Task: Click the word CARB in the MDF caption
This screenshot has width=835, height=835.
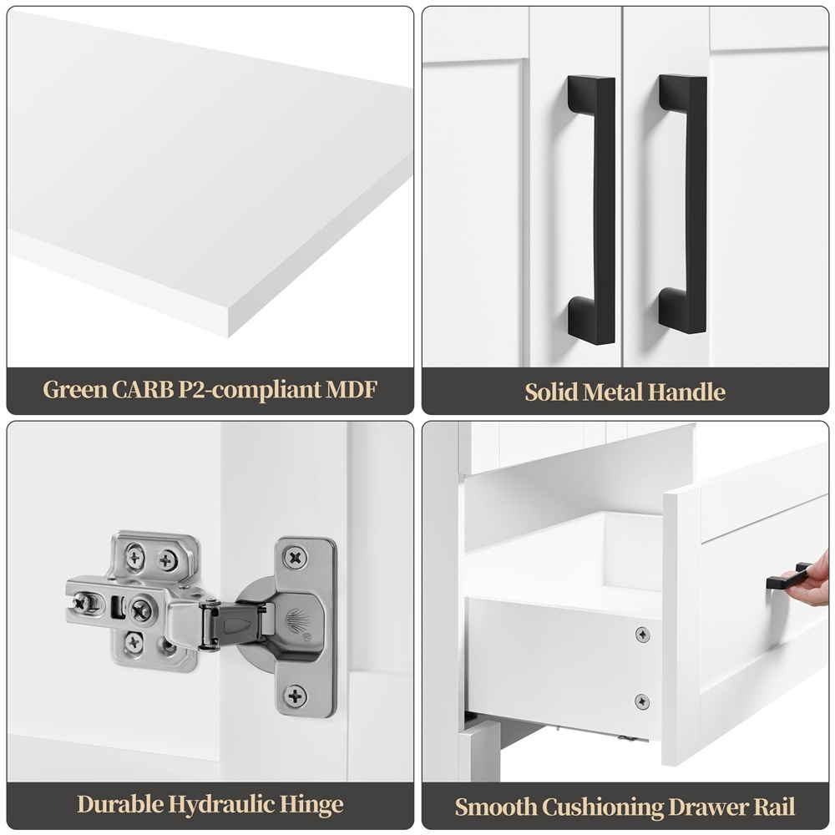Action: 142,389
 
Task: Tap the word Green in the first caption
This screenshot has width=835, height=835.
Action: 75,389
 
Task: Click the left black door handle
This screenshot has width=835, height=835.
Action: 592,210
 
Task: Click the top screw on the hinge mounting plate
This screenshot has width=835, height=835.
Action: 295,558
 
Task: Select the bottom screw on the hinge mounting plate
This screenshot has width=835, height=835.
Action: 295,696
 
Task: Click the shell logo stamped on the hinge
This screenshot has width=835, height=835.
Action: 296,621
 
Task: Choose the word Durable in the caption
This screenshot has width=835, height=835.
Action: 120,804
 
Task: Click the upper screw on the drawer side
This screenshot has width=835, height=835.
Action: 643,635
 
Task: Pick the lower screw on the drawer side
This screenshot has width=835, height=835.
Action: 642,701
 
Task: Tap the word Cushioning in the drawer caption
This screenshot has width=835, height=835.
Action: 603,807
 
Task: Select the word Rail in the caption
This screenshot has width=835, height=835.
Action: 776,807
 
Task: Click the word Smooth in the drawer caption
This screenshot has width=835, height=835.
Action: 496,807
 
